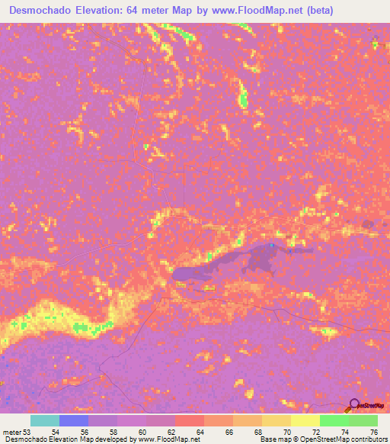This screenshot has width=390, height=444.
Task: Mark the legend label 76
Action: point(373,432)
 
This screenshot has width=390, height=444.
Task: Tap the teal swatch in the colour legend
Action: point(45,420)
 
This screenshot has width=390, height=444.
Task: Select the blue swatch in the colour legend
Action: point(74,420)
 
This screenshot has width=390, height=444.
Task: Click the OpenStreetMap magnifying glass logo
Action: point(353,405)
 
